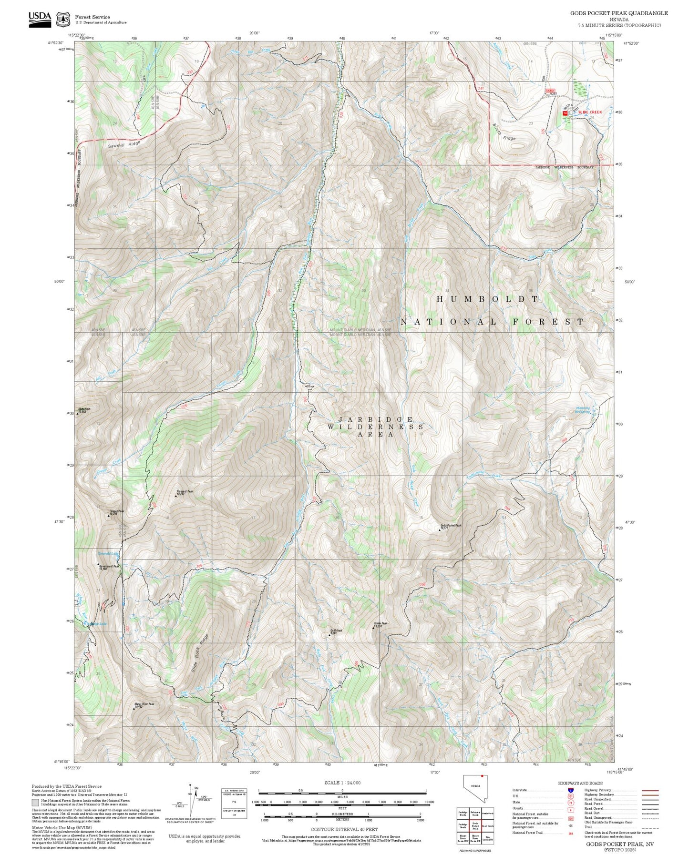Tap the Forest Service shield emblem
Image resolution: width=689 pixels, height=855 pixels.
tap(63, 20)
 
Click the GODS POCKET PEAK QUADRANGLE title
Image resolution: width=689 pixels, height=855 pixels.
tap(618, 13)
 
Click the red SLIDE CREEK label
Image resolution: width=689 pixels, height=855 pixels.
tap(590, 112)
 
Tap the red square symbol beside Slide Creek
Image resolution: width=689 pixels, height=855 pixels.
tap(565, 113)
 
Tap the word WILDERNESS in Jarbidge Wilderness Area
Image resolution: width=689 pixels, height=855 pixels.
tap(375, 427)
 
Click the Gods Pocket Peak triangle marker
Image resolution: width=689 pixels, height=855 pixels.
tap(440, 529)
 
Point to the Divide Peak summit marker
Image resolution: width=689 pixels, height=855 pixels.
tap(373, 628)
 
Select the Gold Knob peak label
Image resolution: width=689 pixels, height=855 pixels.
tap(333, 631)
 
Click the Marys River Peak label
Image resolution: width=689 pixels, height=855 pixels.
tap(144, 704)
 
